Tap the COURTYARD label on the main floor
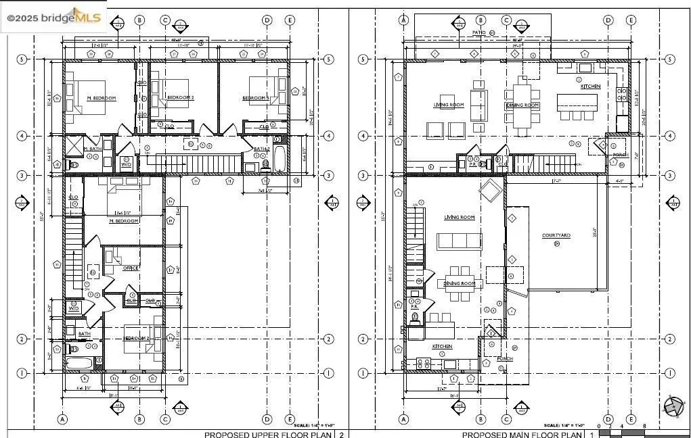point(556,235)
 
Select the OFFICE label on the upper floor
point(131,268)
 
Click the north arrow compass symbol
point(672,406)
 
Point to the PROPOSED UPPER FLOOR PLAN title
point(270,435)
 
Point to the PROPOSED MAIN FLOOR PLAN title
point(525,435)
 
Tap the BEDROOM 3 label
point(255,98)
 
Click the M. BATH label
point(92,149)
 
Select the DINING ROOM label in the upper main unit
point(522,105)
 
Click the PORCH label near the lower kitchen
point(504,358)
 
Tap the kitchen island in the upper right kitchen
point(577,103)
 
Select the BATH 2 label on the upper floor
point(262,149)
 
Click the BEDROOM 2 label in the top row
point(180,98)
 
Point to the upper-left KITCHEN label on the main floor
point(590,87)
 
